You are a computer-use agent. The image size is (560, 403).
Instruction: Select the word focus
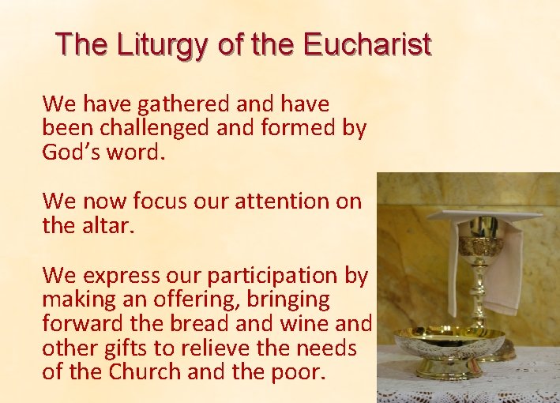[x=155, y=201]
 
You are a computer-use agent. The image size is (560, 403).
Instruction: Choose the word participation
[x=270, y=276]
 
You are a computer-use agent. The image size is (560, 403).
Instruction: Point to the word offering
[x=205, y=300]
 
